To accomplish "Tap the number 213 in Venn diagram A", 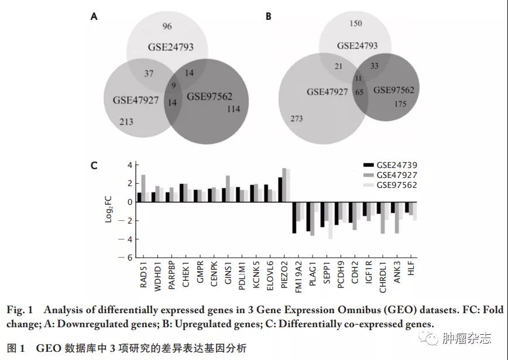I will tap(126, 122).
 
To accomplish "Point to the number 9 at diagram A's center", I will tap(174, 85).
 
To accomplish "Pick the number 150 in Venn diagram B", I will tap(355, 24).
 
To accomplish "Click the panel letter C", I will tap(94, 166).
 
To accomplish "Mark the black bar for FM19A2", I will tap(294, 218).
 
